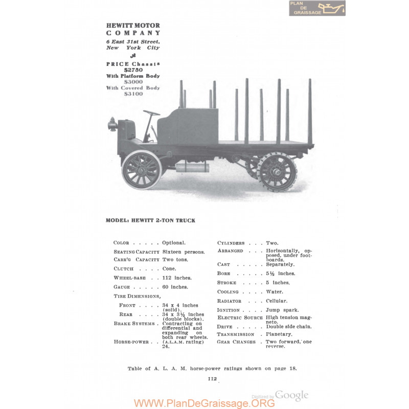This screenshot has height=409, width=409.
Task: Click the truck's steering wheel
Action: point(151,112)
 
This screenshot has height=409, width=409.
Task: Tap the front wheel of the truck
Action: point(142,170)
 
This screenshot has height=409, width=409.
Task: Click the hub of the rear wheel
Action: point(277,172)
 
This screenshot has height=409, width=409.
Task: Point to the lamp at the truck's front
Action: point(112,124)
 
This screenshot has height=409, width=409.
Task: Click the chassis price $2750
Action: point(133,70)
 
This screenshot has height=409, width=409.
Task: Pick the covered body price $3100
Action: point(133,94)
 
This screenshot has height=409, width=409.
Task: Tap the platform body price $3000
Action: point(133,82)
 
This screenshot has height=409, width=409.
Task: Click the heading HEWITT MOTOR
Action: point(133,26)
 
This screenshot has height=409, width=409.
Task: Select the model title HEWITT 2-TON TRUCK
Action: point(163,220)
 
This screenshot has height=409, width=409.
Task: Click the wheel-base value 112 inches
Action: point(177,278)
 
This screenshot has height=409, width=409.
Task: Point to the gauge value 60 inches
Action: point(175,287)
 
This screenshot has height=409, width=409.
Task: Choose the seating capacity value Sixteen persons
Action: point(184,252)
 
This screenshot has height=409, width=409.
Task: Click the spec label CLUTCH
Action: point(124,269)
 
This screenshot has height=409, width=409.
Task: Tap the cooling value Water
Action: point(275,291)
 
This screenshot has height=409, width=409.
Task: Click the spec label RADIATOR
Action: point(229,301)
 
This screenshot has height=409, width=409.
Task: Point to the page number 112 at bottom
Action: point(212,379)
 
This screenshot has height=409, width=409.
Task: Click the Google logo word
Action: point(291,396)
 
